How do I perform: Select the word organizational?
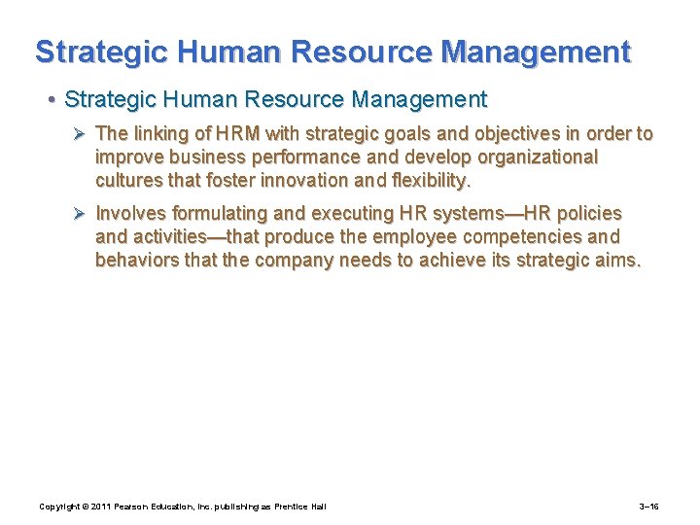coord(530,157)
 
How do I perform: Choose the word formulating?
coord(218,214)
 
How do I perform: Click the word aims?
coord(619,261)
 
